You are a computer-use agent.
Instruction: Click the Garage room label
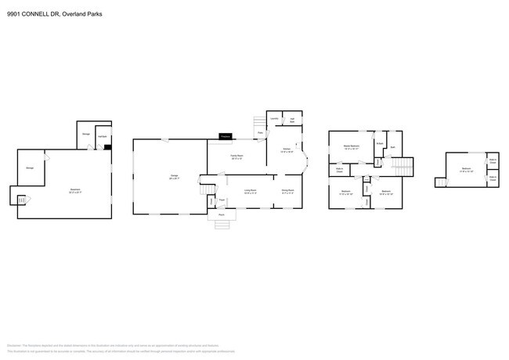[x=175, y=176]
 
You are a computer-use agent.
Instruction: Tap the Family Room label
[x=235, y=157]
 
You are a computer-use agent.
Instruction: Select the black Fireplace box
[x=226, y=136]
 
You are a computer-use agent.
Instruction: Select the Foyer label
[x=222, y=200]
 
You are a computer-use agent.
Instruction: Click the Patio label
[x=261, y=132]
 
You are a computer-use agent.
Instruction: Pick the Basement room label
[x=75, y=190]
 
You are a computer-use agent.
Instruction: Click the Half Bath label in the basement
[x=102, y=135]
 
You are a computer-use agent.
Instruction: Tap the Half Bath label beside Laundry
[x=291, y=120]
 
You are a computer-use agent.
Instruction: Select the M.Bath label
[x=379, y=143]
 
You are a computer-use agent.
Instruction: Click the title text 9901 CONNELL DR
[x=35, y=13]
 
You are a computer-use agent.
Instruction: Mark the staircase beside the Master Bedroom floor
[x=401, y=167]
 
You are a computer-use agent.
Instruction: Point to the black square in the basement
[x=107, y=146]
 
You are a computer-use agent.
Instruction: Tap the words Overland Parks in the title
[x=84, y=13]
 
